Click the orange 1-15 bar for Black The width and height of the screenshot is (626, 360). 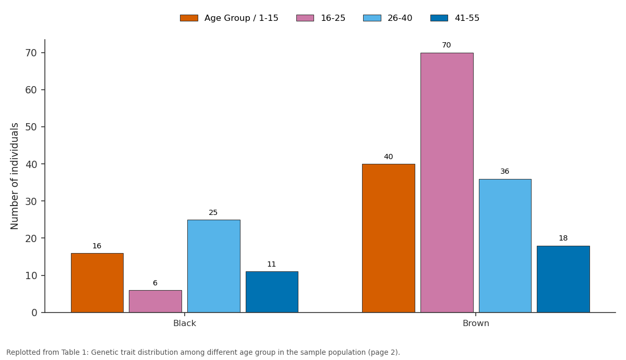point(97,283)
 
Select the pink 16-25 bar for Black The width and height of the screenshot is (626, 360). point(155,302)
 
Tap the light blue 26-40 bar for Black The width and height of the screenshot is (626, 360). point(214,266)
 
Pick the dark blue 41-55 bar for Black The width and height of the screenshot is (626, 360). point(272,292)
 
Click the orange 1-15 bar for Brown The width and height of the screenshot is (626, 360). point(389,238)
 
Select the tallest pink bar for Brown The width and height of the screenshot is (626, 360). point(447,183)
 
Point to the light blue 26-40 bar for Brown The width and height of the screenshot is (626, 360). point(505,246)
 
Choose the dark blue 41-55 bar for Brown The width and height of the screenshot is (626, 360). point(563,279)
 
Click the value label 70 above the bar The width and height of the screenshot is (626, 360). point(447,45)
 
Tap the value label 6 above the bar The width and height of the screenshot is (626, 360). point(155,283)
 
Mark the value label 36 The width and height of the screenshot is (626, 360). point(505,171)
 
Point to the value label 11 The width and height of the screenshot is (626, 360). point(271,264)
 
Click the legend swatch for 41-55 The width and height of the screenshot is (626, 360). point(439,18)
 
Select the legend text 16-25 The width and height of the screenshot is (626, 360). point(333,18)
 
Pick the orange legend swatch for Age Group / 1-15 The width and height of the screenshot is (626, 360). point(189,18)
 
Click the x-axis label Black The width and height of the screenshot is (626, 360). point(185,323)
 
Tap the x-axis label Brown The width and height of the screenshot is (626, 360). point(476,323)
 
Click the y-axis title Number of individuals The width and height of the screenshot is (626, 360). point(14,176)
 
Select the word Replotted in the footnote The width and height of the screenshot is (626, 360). point(23,353)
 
